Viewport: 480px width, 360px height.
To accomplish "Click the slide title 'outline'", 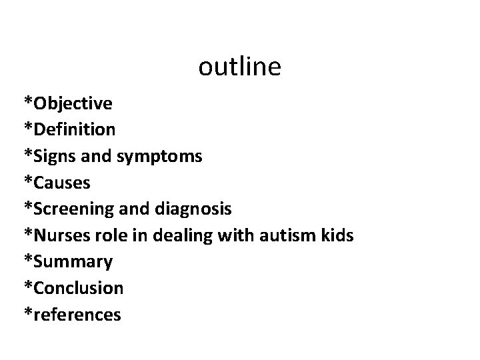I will pyautogui.click(x=240, y=67).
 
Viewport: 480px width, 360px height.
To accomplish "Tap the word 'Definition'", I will pyautogui.click(x=75, y=129).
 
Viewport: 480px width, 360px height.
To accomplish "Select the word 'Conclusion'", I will pyautogui.click(x=79, y=289).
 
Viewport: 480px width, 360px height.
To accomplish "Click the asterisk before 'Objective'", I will pyautogui.click(x=28, y=101).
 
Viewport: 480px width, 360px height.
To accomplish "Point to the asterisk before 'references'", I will pyautogui.click(x=28, y=312).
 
